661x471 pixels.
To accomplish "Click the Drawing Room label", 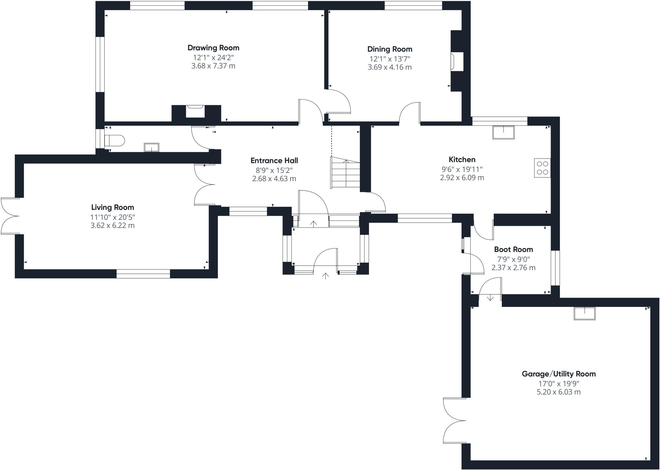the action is [213, 48].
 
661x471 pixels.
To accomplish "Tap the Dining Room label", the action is [390, 49].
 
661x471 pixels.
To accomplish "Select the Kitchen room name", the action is [462, 159].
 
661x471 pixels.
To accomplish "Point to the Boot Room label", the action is [514, 249].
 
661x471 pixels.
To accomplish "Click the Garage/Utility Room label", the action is [559, 374].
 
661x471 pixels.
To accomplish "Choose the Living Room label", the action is [112, 207].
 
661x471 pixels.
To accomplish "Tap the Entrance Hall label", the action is [274, 161].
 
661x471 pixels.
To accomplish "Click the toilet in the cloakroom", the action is [115, 141].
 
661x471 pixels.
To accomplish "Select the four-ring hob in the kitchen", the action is [542, 168].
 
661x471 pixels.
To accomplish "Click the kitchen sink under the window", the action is [503, 133].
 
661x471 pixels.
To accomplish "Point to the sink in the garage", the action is [585, 313].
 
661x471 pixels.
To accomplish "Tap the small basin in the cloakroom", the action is [151, 147].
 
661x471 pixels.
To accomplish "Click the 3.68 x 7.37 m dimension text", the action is [213, 66].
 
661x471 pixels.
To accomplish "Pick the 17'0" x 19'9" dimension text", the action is [559, 384].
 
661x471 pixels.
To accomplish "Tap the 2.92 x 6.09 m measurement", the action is [462, 178].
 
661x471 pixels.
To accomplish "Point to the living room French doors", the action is [10, 216].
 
